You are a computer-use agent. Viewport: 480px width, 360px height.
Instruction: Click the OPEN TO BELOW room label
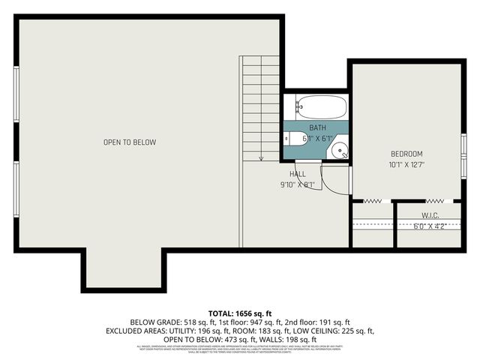130,142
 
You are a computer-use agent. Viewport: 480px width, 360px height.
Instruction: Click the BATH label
317,128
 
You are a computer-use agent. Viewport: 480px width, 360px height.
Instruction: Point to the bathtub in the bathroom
320,106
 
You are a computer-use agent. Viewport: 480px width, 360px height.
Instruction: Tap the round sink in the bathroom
340,151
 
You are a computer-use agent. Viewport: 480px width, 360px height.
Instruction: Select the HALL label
298,174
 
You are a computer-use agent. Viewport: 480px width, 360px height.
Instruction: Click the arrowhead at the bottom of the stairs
260,157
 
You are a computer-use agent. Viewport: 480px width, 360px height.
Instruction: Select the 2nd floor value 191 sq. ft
332,320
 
